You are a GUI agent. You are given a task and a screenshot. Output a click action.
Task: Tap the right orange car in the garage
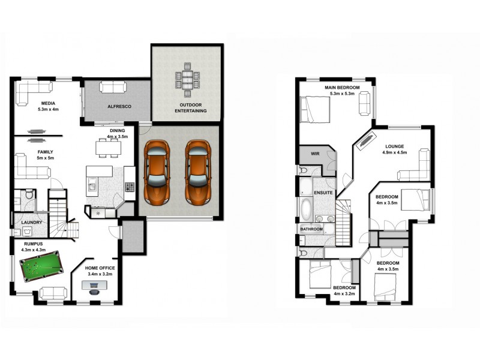[x=198, y=170]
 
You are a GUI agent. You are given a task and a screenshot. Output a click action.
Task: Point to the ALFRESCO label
[x=119, y=106]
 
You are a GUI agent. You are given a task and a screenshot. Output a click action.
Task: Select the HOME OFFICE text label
[x=100, y=268]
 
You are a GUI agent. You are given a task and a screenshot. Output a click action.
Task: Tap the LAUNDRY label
[x=31, y=223]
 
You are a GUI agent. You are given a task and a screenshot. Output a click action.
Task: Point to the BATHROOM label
[x=311, y=229]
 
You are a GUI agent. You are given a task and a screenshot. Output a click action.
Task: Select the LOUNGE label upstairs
[x=394, y=146]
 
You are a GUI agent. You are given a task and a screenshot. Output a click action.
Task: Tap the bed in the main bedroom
[x=315, y=110]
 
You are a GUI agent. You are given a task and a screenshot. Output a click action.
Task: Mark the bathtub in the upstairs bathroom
[x=306, y=211]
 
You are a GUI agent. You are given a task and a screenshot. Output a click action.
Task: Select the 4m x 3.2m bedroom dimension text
[x=344, y=294]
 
